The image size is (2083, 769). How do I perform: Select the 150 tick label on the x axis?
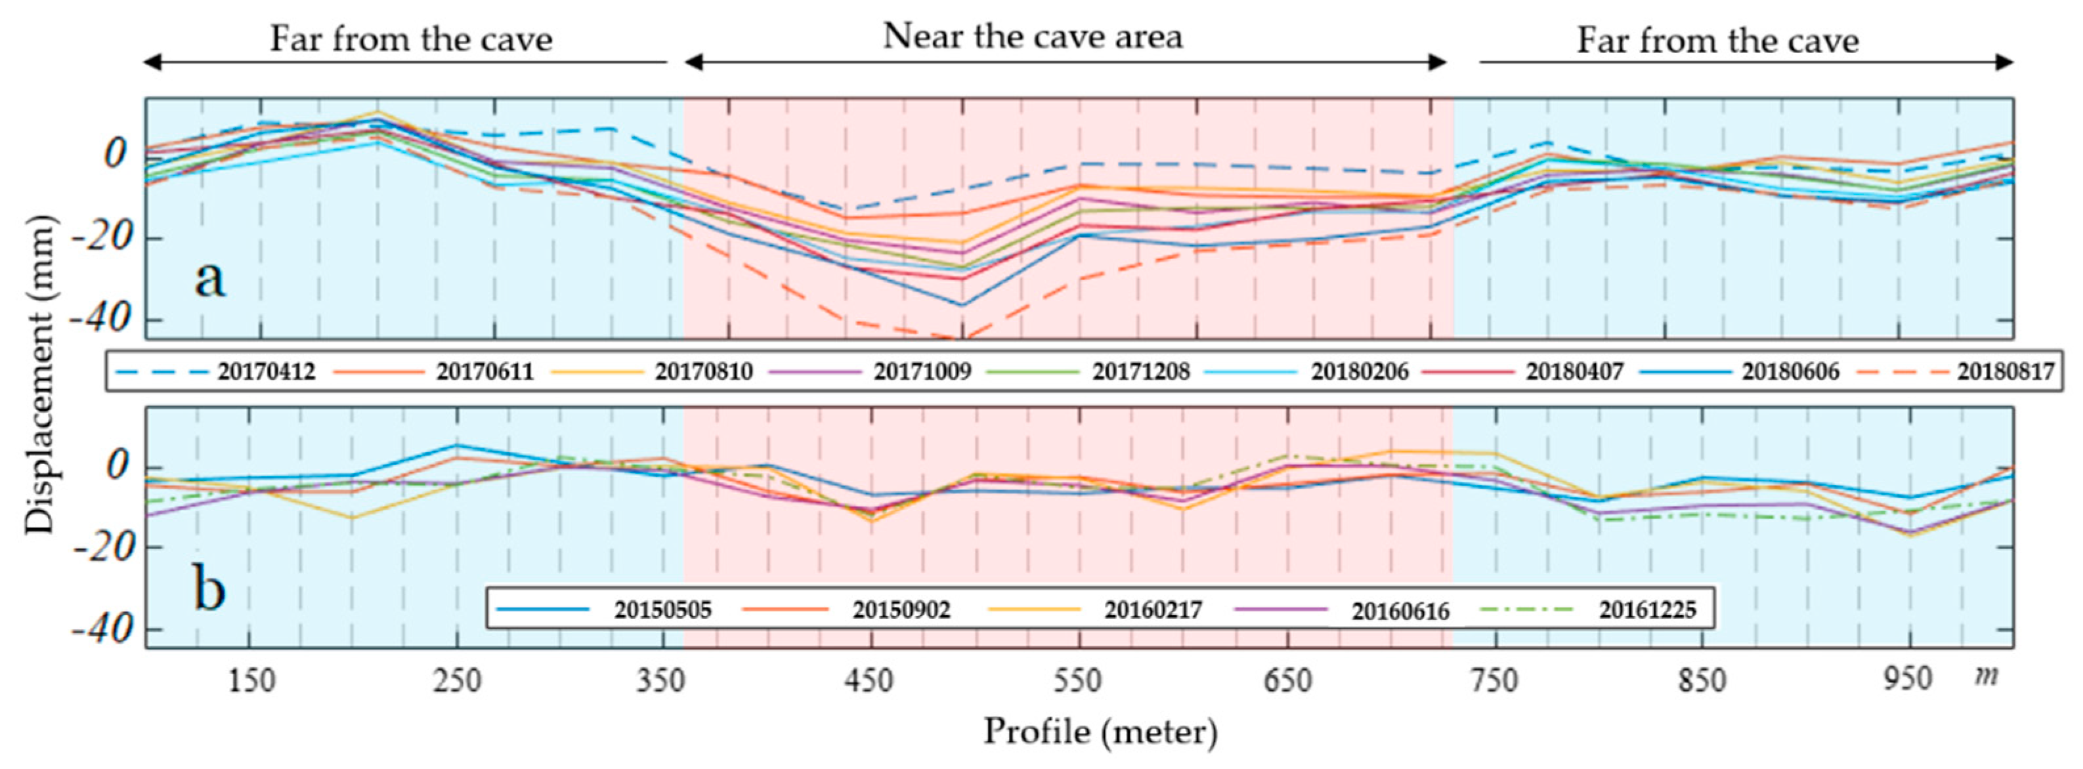pos(251,681)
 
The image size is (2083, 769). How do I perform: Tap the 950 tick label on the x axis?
pos(1908,679)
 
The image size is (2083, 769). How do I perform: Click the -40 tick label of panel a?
pos(100,320)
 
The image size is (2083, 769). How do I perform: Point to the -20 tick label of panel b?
pos(100,549)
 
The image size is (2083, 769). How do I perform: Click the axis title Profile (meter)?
pos(1100,732)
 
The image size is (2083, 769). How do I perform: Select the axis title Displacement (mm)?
pos(38,375)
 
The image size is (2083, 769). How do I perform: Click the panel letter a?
pos(209,279)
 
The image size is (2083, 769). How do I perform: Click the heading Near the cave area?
pos(1033,36)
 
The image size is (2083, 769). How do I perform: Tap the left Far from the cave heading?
pos(411,39)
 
